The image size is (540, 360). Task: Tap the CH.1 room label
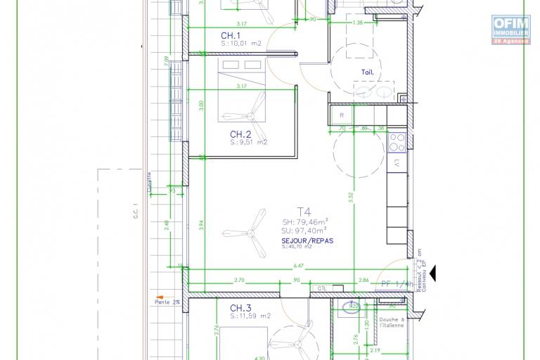click(x=231, y=36)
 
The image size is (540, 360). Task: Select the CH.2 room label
click(x=240, y=134)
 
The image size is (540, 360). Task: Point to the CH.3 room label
click(x=240, y=308)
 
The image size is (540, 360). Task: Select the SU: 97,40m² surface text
click(x=306, y=229)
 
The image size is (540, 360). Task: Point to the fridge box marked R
click(x=341, y=115)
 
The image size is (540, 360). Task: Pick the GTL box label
click(x=322, y=288)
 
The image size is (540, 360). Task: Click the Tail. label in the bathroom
click(x=367, y=71)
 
